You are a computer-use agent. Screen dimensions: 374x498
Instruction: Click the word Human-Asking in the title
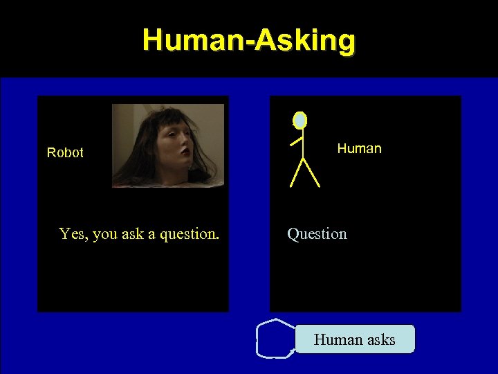point(249,41)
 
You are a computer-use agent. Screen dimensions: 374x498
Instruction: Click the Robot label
point(65,152)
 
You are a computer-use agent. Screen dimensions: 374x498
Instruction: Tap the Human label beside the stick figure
point(359,148)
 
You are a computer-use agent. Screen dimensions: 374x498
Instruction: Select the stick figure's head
point(299,121)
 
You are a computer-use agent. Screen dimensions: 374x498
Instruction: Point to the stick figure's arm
point(296,141)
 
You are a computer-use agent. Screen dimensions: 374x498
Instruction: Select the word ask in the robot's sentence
point(133,234)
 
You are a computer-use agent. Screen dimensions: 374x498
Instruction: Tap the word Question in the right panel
point(317,234)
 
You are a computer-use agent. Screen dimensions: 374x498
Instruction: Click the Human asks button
point(355,339)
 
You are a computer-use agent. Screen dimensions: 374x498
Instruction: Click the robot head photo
point(168,145)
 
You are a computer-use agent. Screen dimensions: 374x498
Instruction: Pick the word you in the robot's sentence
point(105,234)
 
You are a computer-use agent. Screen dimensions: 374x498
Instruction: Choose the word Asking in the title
point(305,41)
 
